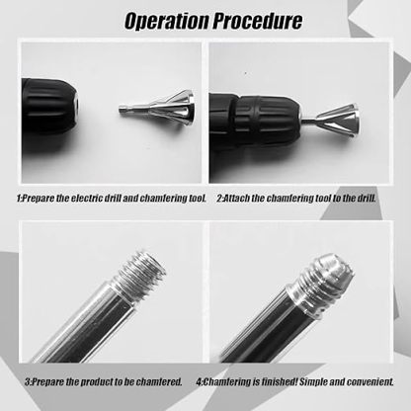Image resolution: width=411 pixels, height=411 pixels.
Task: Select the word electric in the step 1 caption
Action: [92, 199]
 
